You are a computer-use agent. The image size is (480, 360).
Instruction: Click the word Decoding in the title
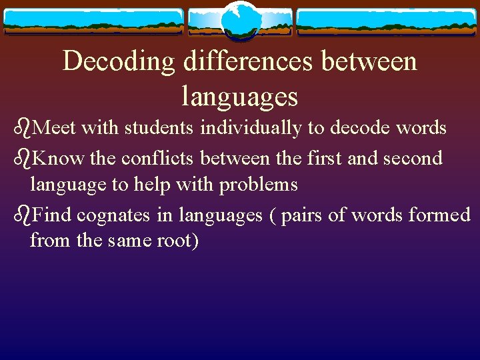point(118,62)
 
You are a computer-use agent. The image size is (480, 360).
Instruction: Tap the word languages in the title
point(239,97)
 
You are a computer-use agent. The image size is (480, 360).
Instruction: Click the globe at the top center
point(239,21)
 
